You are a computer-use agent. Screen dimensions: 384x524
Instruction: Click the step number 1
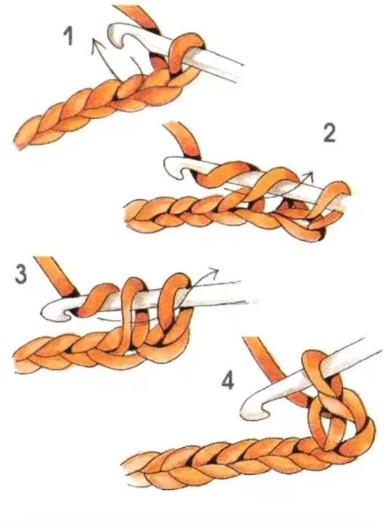point(68,37)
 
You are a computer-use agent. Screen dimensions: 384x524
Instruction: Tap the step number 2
point(329,134)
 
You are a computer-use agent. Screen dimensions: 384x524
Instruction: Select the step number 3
point(21,274)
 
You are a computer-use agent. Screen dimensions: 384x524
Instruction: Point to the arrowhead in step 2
point(309,175)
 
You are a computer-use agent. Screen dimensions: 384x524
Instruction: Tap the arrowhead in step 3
point(213,271)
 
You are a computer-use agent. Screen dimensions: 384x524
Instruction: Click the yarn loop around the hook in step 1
point(187,50)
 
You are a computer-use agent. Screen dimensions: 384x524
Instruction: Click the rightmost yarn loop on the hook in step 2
point(331,200)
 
